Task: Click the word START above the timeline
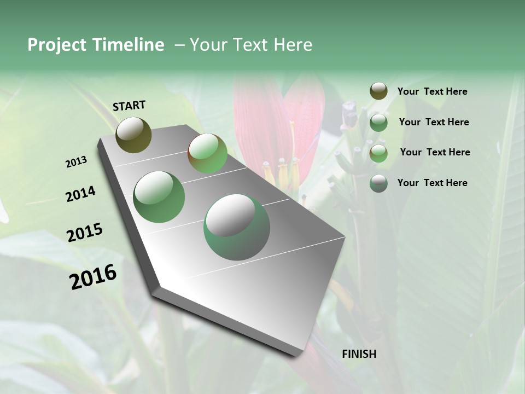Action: [x=129, y=106]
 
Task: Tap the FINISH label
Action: [x=359, y=354]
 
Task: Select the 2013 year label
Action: [x=76, y=162]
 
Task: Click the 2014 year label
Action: [x=80, y=194]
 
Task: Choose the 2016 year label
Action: [x=93, y=277]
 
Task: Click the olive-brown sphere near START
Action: [x=133, y=135]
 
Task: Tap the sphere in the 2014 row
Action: [x=159, y=197]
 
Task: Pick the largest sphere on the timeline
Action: [x=237, y=227]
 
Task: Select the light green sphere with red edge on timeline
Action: [x=208, y=153]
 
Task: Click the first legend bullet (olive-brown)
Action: [x=378, y=91]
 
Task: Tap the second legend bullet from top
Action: [x=378, y=123]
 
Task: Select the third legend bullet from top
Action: [x=378, y=153]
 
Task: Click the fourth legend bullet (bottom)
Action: [x=378, y=183]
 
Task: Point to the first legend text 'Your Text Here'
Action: [x=432, y=91]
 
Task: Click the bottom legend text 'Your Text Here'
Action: [x=432, y=183]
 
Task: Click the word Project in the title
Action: [x=57, y=45]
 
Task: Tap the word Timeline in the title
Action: [x=128, y=45]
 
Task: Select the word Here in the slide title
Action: [x=293, y=45]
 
